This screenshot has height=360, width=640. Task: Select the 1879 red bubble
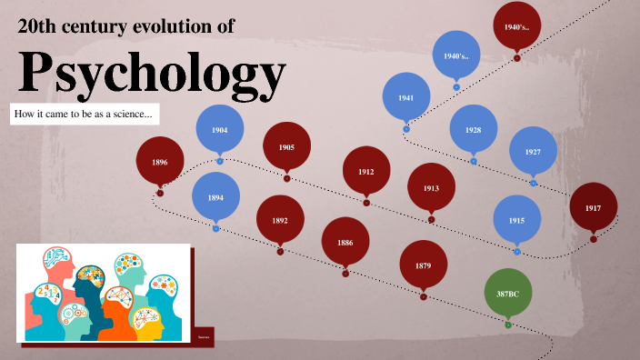click(x=424, y=265)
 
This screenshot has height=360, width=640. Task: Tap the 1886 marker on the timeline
click(x=345, y=242)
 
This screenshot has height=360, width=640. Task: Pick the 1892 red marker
click(x=280, y=219)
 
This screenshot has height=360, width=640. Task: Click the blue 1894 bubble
click(x=216, y=195)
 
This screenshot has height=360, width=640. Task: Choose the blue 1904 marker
click(x=219, y=130)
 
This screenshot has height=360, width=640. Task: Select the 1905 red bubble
click(x=286, y=145)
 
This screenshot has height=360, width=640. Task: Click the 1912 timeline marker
click(x=366, y=170)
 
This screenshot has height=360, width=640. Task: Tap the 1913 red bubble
click(x=431, y=187)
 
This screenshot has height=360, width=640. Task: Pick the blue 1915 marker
click(x=516, y=220)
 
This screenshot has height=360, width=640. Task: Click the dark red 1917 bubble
click(x=594, y=207)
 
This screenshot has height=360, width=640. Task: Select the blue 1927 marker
click(x=533, y=151)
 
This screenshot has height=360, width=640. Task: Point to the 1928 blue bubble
click(x=473, y=129)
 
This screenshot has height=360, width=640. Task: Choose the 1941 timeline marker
click(x=405, y=97)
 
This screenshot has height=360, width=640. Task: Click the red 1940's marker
click(x=517, y=26)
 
